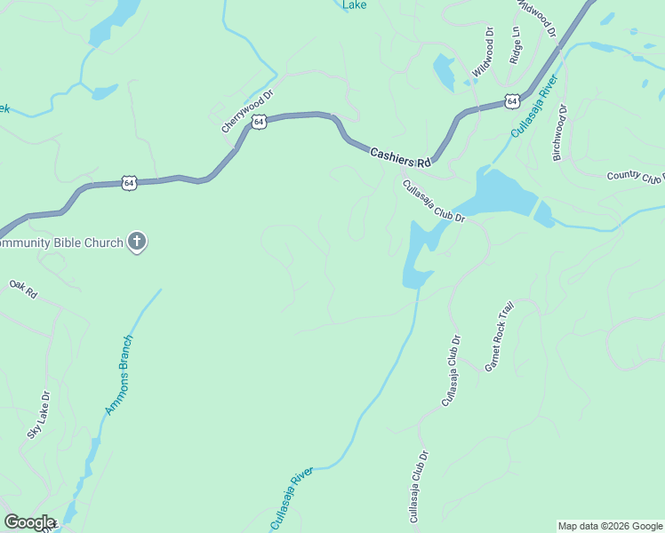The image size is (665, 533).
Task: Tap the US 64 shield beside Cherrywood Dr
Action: pos(258,122)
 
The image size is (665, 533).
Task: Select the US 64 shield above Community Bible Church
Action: pos(130,183)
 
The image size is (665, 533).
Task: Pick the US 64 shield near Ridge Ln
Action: pos(512,101)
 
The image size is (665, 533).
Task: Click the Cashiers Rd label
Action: pos(400,157)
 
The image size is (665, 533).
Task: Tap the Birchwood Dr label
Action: pos(559,132)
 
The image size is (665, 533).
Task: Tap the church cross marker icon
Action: pos(137,242)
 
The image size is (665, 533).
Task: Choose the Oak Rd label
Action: pos(24,290)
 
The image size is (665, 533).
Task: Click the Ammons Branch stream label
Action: pos(119,375)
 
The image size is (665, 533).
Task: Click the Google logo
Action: pos(29,522)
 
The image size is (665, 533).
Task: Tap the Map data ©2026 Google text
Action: pos(610,526)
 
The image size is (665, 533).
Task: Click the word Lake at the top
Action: pos(355,4)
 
